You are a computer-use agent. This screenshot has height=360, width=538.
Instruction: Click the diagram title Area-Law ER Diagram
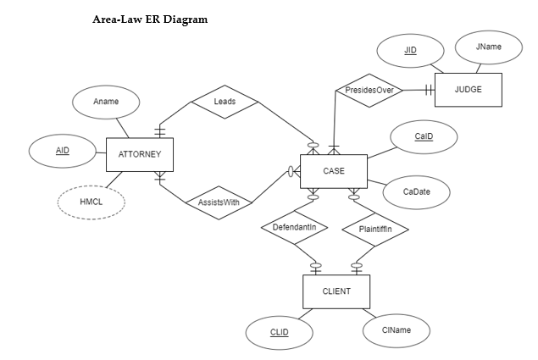(x=149, y=19)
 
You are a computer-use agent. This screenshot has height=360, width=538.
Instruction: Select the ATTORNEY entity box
(x=139, y=154)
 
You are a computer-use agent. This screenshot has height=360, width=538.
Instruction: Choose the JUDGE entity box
(x=468, y=89)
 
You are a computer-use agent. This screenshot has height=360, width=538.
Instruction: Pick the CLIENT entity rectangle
(x=336, y=291)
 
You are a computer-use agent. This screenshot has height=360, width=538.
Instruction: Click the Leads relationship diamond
(x=225, y=102)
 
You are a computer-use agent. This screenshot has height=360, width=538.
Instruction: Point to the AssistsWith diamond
(x=219, y=202)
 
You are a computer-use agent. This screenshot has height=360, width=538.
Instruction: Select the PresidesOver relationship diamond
(x=369, y=90)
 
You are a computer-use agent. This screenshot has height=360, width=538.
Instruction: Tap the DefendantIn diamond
(x=294, y=228)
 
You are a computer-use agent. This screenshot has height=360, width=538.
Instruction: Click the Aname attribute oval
(x=106, y=102)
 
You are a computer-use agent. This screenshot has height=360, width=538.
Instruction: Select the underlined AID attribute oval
(x=63, y=151)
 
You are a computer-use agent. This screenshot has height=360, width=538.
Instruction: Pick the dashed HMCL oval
(x=91, y=202)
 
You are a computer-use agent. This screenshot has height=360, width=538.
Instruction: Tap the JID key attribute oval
(x=410, y=51)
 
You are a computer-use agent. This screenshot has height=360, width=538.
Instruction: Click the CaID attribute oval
(x=424, y=137)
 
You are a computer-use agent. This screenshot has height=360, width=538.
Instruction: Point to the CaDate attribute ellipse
(x=417, y=192)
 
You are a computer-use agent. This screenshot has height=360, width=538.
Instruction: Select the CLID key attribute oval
(x=279, y=333)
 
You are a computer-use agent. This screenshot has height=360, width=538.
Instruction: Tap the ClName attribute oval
(x=396, y=330)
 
